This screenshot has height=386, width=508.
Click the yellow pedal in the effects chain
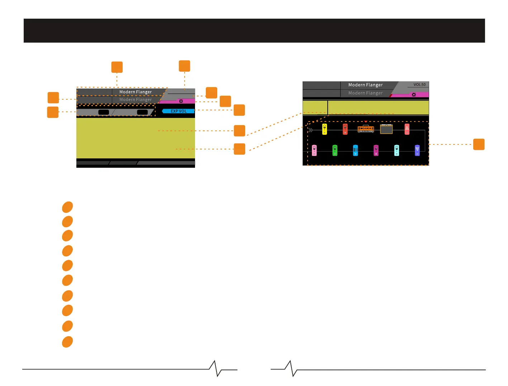pyautogui.click(x=324, y=129)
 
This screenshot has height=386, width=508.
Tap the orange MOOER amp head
pyautogui.click(x=366, y=129)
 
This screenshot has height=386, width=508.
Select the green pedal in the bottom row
pyautogui.click(x=335, y=151)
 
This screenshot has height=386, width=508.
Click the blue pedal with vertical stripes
pyautogui.click(x=355, y=151)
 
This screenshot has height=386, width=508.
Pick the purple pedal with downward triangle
pyautogui.click(x=417, y=151)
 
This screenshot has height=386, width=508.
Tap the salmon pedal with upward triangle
pyautogui.click(x=407, y=129)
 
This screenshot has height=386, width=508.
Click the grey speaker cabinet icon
pyautogui.click(x=386, y=129)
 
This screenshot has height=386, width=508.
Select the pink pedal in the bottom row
pyautogui.click(x=314, y=151)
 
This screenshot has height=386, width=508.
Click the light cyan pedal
pyautogui.click(x=397, y=151)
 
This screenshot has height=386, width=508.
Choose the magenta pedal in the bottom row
pyautogui.click(x=376, y=151)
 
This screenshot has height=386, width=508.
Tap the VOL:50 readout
pyautogui.click(x=419, y=85)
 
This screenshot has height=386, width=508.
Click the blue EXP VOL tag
pyautogui.click(x=179, y=111)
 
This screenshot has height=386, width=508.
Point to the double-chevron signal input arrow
pyautogui.click(x=310, y=130)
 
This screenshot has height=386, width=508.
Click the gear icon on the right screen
pyautogui.click(x=414, y=95)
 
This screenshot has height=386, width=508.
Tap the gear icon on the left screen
pyautogui.click(x=181, y=101)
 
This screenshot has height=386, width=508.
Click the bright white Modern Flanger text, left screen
pyautogui.click(x=136, y=92)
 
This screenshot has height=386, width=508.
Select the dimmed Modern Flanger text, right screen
pyautogui.click(x=365, y=93)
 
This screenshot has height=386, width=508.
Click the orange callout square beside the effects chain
pyautogui.click(x=479, y=144)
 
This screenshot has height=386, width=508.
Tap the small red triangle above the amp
pyautogui.click(x=366, y=122)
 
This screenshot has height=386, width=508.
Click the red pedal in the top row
pyautogui.click(x=345, y=129)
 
